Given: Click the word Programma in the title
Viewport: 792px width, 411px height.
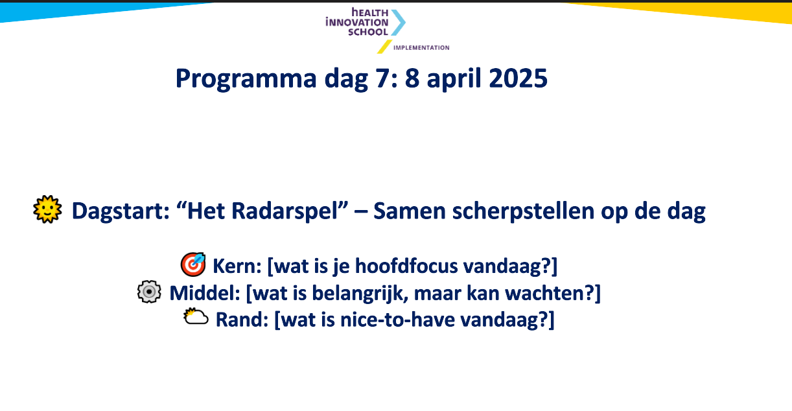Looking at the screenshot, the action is coord(246,79).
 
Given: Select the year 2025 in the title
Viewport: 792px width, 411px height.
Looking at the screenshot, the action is coord(518,78).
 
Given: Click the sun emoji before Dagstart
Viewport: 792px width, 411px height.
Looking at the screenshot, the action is coord(48,209).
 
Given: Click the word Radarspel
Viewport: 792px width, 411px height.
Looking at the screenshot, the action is coord(262,211).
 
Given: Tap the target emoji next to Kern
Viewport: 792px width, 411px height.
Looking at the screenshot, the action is coord(193,264).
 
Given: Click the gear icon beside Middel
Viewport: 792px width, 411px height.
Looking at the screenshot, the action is coord(149,292).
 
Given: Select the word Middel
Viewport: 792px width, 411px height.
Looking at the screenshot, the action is coord(205,293).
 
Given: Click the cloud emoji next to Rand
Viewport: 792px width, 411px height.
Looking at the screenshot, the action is coord(196,316).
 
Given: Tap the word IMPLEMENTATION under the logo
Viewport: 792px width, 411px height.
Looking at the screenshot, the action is coord(421,48).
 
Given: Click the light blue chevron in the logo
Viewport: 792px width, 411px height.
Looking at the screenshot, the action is coord(398,23).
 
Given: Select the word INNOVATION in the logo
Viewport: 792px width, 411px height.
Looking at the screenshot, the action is coord(357,23).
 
